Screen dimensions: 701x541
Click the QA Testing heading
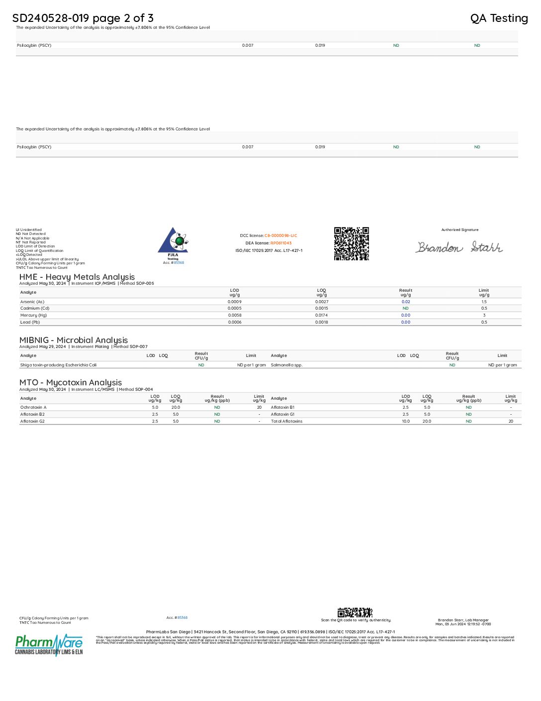click(x=499, y=18)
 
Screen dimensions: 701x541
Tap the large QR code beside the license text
click(x=351, y=243)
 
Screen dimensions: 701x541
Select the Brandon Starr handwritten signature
click(x=459, y=247)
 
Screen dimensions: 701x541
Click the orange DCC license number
click(x=280, y=235)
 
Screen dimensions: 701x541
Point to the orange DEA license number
click(x=281, y=243)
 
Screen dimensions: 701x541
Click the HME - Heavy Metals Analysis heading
click(x=77, y=277)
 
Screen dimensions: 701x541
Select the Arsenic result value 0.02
click(x=406, y=302)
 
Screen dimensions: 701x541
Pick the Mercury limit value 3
click(x=484, y=315)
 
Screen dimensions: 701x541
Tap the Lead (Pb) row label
click(x=30, y=322)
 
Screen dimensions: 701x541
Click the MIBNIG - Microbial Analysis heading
click(x=74, y=340)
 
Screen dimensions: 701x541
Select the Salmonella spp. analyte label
click(x=286, y=365)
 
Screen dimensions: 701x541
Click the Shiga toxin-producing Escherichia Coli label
click(x=58, y=365)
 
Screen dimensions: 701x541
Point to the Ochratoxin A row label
click(x=33, y=407)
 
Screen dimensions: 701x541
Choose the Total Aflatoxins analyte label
click(x=286, y=421)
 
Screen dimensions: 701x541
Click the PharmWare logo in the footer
click(x=49, y=644)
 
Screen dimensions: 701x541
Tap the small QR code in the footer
click(x=355, y=612)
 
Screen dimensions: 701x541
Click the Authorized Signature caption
click(x=459, y=230)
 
